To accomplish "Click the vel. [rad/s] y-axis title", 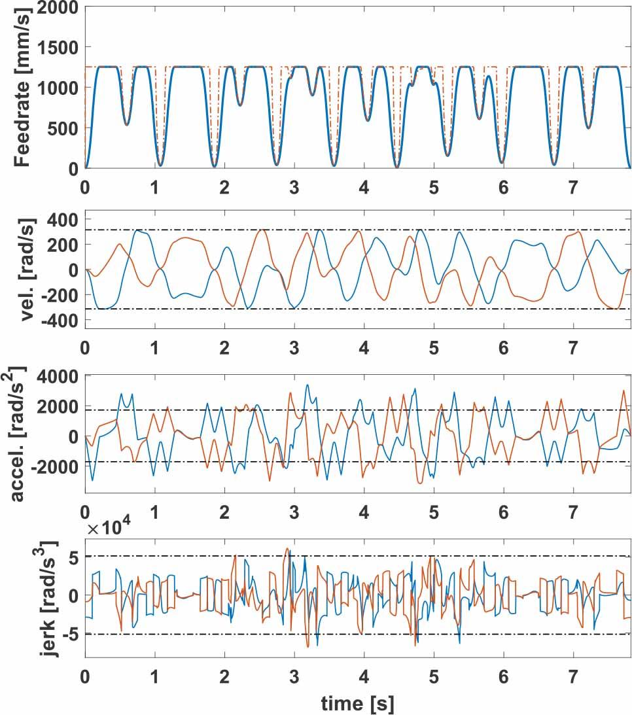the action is [x=28, y=270].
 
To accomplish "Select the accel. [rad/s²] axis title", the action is [x=17, y=433].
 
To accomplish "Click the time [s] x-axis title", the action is [x=357, y=703].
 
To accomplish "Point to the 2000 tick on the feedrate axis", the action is [x=58, y=7].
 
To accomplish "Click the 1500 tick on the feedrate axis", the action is [x=58, y=47].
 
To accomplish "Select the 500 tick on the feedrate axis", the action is [x=63, y=128].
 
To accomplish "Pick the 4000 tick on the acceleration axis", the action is [x=58, y=376].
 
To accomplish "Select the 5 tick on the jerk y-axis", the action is [x=74, y=557].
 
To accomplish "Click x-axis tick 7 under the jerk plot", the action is [x=573, y=676].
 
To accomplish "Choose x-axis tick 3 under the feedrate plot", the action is [x=294, y=187].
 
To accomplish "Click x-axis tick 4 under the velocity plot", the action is [x=364, y=349].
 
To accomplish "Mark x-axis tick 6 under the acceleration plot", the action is [x=503, y=513].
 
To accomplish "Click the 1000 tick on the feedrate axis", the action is [x=58, y=88].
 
